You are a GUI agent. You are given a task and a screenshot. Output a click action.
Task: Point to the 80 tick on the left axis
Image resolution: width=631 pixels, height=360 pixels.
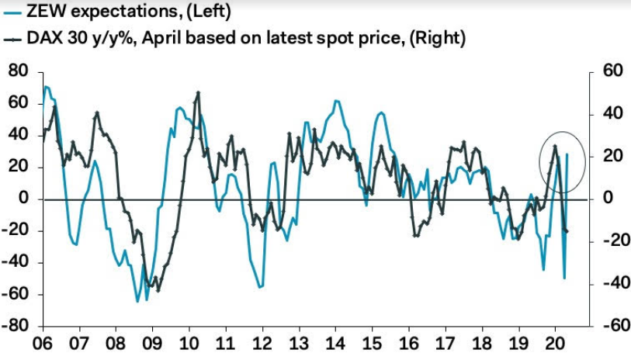(18, 71)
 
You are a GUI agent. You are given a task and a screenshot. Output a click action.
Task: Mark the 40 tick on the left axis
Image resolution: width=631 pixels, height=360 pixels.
(18, 135)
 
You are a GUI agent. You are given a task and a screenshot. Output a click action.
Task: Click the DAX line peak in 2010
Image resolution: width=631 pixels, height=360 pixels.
(198, 93)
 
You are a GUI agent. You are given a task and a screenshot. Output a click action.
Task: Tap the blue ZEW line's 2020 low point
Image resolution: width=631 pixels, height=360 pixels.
(564, 278)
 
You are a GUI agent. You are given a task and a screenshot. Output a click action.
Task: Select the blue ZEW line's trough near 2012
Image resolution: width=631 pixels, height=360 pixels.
(259, 287)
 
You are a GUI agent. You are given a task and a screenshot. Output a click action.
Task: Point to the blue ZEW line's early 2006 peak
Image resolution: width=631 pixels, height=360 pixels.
(46, 86)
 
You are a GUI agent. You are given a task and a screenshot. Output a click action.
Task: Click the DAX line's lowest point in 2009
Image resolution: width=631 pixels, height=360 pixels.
(158, 290)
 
